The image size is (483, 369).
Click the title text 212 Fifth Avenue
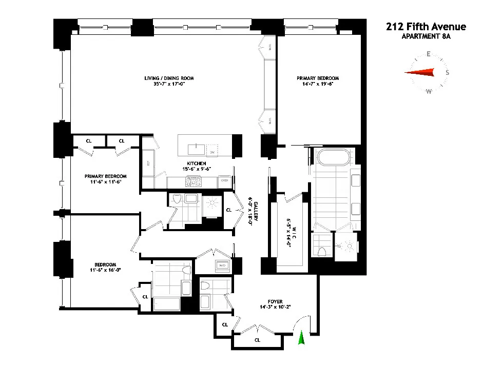[x=426, y=27]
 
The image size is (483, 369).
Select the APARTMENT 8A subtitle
[x=426, y=36]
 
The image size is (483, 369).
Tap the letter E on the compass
[x=428, y=54]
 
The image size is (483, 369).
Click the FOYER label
[x=276, y=302]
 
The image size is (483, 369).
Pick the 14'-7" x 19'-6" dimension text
[x=317, y=85]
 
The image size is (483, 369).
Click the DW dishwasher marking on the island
[x=211, y=153]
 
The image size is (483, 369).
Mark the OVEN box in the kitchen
[x=224, y=180]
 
